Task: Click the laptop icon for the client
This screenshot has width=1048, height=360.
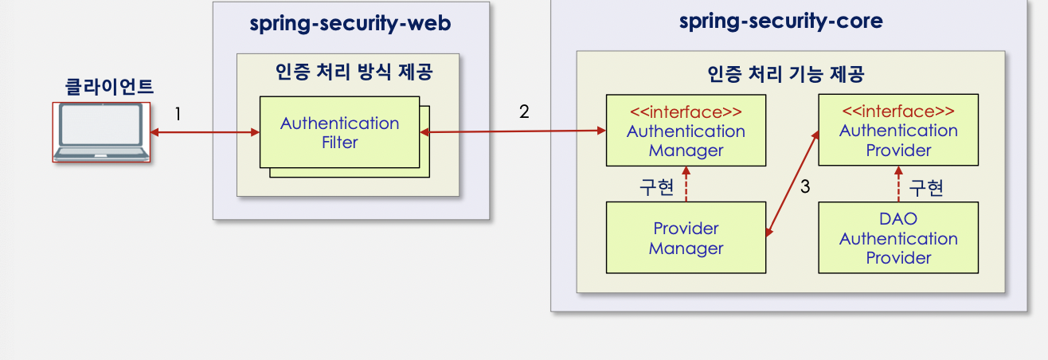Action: tap(101, 132)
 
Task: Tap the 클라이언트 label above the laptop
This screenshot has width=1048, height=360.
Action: tap(108, 87)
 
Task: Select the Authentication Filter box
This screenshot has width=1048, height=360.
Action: tap(339, 132)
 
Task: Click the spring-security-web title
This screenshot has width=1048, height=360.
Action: tap(350, 24)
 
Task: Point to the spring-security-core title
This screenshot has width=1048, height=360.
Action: tap(780, 21)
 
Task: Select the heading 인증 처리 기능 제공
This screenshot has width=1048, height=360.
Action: tap(786, 75)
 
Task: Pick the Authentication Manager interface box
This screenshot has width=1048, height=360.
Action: tap(686, 131)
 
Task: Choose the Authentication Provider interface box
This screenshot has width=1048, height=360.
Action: tap(897, 130)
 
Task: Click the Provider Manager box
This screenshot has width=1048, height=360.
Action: tap(686, 238)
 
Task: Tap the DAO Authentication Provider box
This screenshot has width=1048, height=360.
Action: tap(897, 238)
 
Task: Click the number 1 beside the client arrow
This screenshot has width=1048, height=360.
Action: tap(178, 115)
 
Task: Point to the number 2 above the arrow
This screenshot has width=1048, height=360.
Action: tap(523, 112)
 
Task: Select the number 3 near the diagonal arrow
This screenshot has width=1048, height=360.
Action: tap(804, 187)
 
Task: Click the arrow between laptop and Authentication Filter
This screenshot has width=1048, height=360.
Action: tap(205, 133)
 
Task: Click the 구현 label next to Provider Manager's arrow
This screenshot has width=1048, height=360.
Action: tap(657, 188)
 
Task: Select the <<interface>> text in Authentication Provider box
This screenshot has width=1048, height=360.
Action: tap(897, 111)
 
